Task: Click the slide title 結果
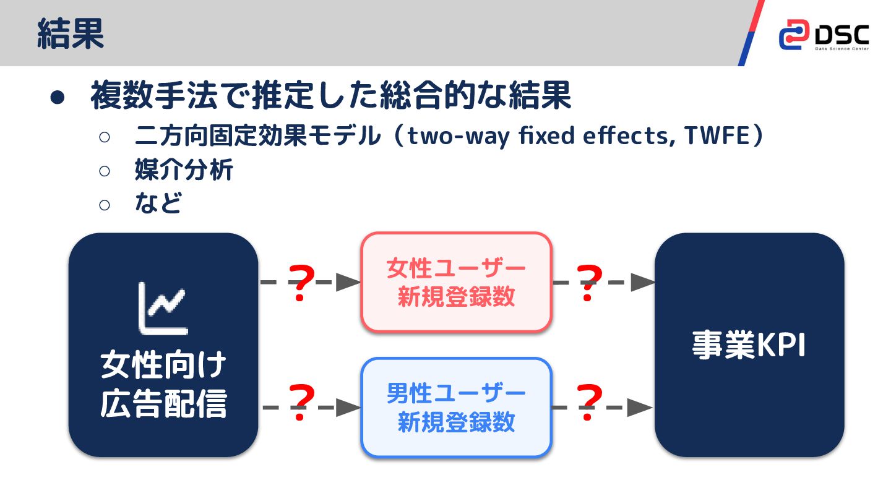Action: pos(71,33)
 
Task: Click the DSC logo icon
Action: pos(793,35)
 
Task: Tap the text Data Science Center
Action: pos(841,48)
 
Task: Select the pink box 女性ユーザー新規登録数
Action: pos(456,282)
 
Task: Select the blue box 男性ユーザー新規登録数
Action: pos(456,408)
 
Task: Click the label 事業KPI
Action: pos(749,345)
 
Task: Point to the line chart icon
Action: pos(163,307)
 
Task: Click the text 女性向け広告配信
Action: pos(163,385)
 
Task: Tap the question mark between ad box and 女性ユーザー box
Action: pos(301,283)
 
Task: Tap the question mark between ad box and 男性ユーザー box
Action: pos(301,403)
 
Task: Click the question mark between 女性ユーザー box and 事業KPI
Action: pos(588,283)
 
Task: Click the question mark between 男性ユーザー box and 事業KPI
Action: pos(588,403)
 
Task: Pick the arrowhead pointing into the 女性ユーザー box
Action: pos(350,283)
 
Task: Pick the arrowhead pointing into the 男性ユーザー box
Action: pos(350,408)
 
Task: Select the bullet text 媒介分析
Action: pos(184,170)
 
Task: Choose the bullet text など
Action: pos(158,203)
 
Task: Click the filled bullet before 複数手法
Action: pos(58,98)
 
